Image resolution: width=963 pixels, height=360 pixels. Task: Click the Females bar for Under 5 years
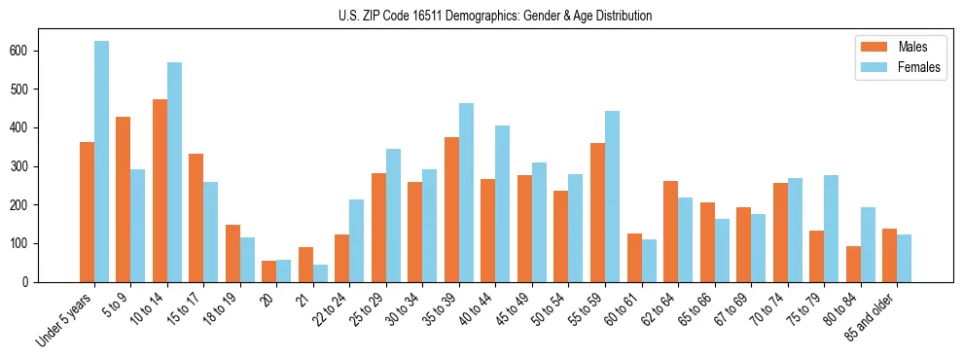click(101, 162)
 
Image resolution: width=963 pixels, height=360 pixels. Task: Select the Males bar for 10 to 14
click(160, 191)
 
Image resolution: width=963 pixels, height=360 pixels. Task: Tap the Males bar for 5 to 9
click(124, 199)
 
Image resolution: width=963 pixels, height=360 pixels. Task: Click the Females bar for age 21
click(320, 273)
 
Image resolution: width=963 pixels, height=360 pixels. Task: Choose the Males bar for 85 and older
click(890, 255)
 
